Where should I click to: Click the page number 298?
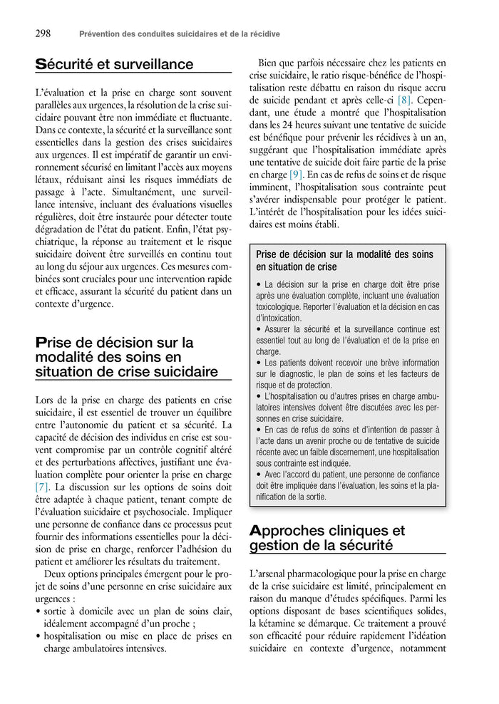click(x=42, y=33)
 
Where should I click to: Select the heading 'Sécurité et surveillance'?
click(x=114, y=65)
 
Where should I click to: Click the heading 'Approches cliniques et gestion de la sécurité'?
click(x=327, y=538)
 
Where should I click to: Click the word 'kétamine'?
click(x=275, y=623)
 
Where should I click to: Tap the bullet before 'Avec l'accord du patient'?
click(x=258, y=475)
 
